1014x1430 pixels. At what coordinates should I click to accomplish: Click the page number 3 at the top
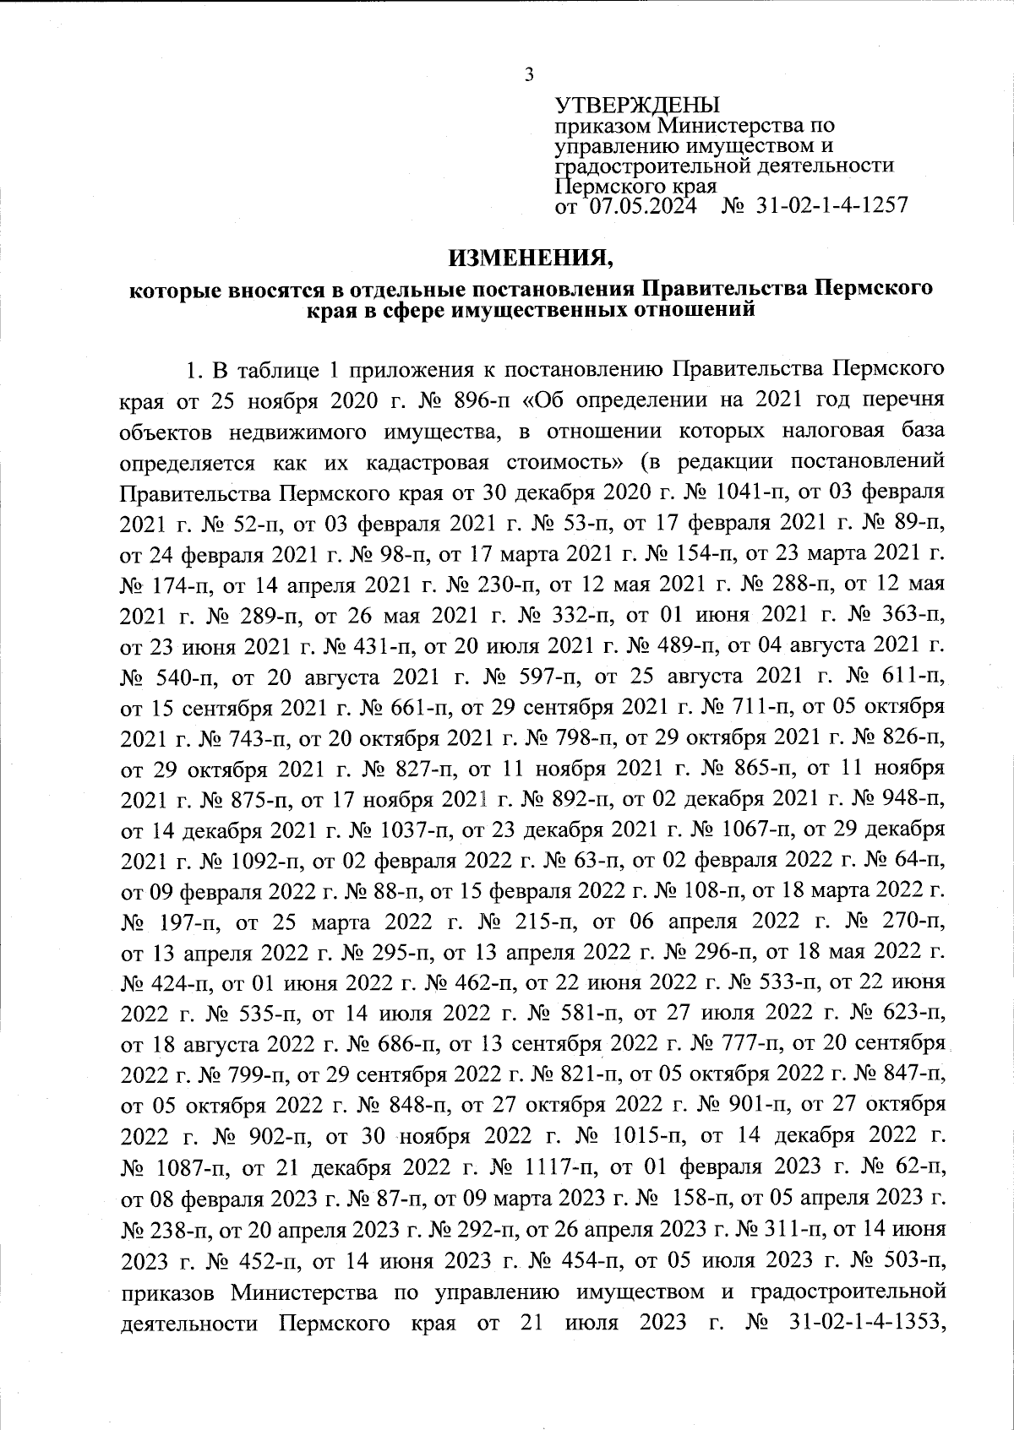pos(529,74)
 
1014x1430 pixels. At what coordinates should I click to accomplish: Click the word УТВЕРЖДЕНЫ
pos(636,106)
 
